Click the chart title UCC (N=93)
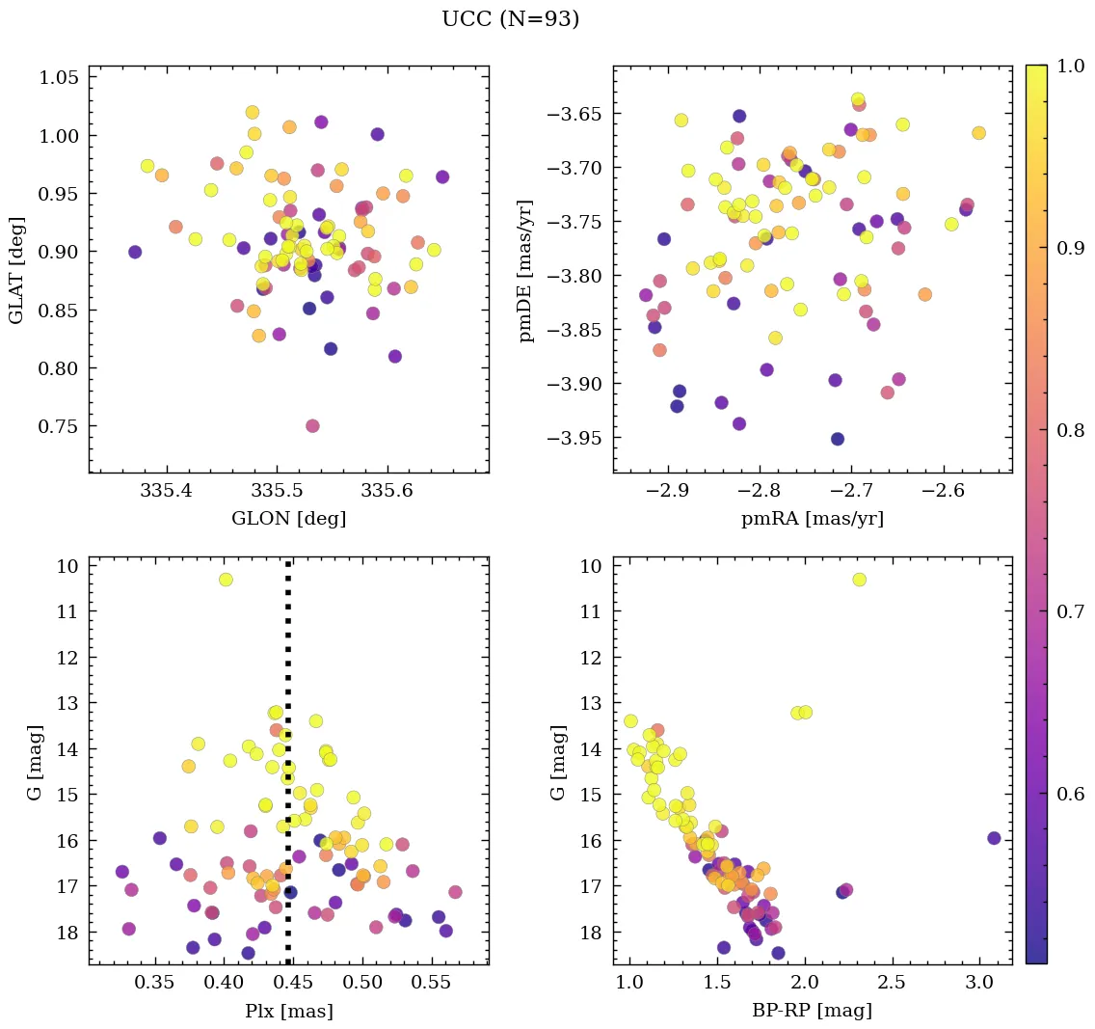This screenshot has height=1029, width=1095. [510, 19]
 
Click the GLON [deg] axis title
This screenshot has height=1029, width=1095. [288, 519]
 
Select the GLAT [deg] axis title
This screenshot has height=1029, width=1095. [16, 269]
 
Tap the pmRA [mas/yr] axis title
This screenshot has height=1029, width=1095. [812, 519]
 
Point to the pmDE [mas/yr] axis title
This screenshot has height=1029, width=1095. [526, 269]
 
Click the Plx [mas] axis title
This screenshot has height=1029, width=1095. [288, 1011]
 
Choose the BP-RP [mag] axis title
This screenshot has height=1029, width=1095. [812, 1011]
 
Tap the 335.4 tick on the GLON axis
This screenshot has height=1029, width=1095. [167, 492]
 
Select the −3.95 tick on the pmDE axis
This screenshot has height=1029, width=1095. [575, 439]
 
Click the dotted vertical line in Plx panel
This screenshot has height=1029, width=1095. [288, 772]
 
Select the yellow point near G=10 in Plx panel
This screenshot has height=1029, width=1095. [226, 580]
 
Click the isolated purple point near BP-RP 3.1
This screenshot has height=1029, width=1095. [994, 838]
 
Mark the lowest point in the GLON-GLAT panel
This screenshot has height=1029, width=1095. [312, 426]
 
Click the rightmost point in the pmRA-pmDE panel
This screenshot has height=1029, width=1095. [978, 133]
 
